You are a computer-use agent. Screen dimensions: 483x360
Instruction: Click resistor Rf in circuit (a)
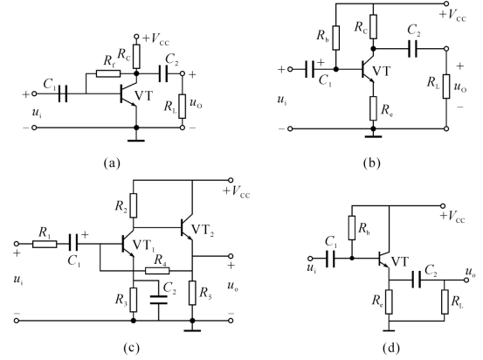108,73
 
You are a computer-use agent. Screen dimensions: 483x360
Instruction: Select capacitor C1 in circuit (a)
63,93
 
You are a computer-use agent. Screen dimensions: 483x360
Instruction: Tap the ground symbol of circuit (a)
136,141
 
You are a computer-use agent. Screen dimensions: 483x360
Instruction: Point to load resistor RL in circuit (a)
182,107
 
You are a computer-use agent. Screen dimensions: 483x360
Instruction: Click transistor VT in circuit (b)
368,70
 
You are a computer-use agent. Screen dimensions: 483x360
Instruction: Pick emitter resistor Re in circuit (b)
373,108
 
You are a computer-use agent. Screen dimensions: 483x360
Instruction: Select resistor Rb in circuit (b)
336,38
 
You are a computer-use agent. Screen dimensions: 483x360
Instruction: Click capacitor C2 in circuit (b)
413,49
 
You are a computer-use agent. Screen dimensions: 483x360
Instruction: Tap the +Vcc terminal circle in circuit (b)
446,3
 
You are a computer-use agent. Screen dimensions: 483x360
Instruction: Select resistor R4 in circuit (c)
157,271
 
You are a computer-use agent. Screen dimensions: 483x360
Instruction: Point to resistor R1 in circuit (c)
45,244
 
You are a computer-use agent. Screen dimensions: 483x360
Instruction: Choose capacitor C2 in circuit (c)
159,300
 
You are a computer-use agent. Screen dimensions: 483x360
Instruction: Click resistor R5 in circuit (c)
192,293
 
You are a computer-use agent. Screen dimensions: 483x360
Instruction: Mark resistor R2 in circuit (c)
134,205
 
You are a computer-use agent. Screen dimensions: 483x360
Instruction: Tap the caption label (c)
131,349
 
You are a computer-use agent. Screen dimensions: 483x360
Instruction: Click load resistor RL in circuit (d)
445,301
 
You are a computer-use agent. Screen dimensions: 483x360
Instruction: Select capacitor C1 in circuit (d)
330,259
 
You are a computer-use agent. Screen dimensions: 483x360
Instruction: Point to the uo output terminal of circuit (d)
467,280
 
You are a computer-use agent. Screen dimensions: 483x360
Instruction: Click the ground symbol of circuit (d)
389,330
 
